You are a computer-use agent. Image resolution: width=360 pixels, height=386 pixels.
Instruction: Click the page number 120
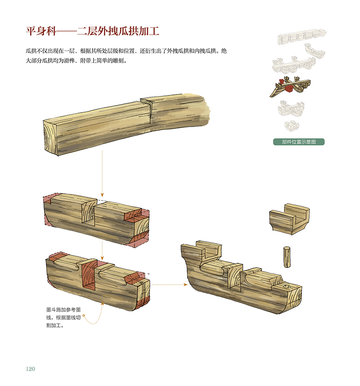tap(31, 368)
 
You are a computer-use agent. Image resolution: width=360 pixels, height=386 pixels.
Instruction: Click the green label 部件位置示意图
tap(298, 142)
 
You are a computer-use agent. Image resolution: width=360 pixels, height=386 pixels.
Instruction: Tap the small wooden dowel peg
tap(287, 257)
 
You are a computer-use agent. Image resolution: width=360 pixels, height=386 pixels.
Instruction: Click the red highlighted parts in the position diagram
tap(286, 85)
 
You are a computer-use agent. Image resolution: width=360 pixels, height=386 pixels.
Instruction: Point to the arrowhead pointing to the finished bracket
tap(185, 285)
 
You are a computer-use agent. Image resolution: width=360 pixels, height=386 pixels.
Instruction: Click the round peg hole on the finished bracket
tap(286, 286)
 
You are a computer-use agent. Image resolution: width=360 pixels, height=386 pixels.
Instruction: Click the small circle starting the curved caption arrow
tap(84, 315)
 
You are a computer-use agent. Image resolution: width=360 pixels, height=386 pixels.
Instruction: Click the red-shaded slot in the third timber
tap(88, 275)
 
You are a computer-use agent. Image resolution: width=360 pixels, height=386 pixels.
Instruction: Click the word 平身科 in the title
tap(41, 31)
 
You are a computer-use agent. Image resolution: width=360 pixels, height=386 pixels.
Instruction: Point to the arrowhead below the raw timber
tap(102, 195)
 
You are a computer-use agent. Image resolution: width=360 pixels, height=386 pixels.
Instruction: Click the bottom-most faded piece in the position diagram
tap(292, 126)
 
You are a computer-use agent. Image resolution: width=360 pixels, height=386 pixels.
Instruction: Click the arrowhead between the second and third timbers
tap(102, 258)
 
